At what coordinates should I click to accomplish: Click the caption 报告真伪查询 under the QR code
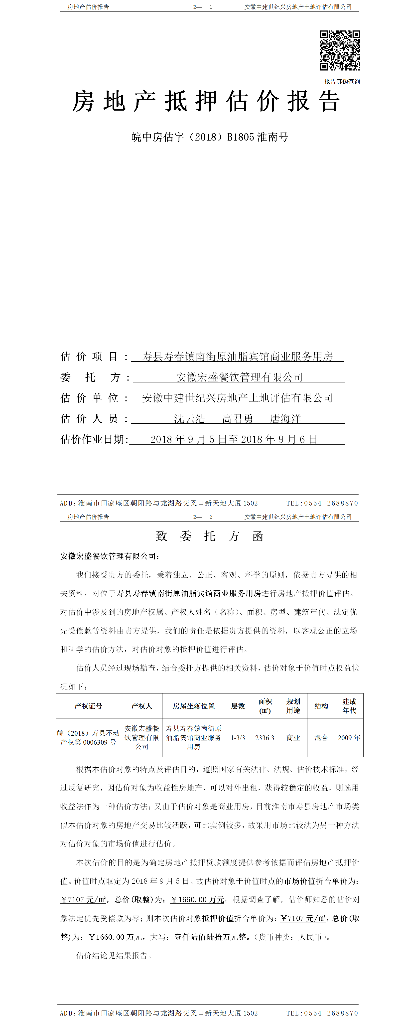pos(342,82)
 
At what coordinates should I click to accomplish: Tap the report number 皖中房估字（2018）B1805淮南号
pos(210,137)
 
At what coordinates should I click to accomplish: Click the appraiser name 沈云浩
pos(190,419)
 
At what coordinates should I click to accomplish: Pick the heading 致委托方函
pos(209,536)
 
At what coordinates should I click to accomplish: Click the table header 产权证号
pos(88,706)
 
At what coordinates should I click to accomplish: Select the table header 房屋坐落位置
pos(193,706)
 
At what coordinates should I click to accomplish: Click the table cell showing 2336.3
pos(265,738)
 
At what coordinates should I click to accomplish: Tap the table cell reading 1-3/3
pos(238,738)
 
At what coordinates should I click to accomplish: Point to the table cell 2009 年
pos(349,738)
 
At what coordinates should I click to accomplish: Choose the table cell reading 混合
pos(321,738)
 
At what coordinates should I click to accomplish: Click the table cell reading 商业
pos(293,738)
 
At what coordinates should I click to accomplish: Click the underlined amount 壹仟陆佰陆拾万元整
pos(210,937)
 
